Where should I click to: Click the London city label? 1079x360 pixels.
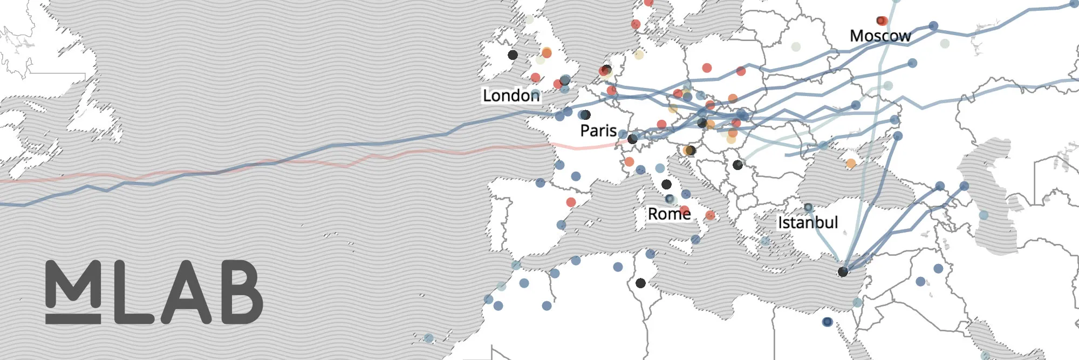[510, 96]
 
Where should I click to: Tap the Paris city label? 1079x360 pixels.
[598, 131]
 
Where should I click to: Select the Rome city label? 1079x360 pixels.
[669, 214]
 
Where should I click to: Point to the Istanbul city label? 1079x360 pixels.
[808, 222]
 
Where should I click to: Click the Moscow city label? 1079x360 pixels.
[880, 36]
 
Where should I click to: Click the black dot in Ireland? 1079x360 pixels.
[513, 55]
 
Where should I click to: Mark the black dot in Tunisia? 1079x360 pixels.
[640, 283]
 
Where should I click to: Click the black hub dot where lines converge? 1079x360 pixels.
[843, 272]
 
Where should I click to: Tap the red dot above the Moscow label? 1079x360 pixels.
[882, 21]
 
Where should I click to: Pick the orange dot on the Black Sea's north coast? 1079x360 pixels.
[851, 163]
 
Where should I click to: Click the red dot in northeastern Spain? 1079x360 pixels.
[571, 202]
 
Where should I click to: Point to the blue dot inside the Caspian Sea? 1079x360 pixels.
[984, 215]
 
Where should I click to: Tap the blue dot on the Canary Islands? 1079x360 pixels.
[428, 338]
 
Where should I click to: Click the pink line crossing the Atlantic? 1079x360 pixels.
[345, 164]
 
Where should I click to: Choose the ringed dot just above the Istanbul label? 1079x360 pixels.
[808, 207]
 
